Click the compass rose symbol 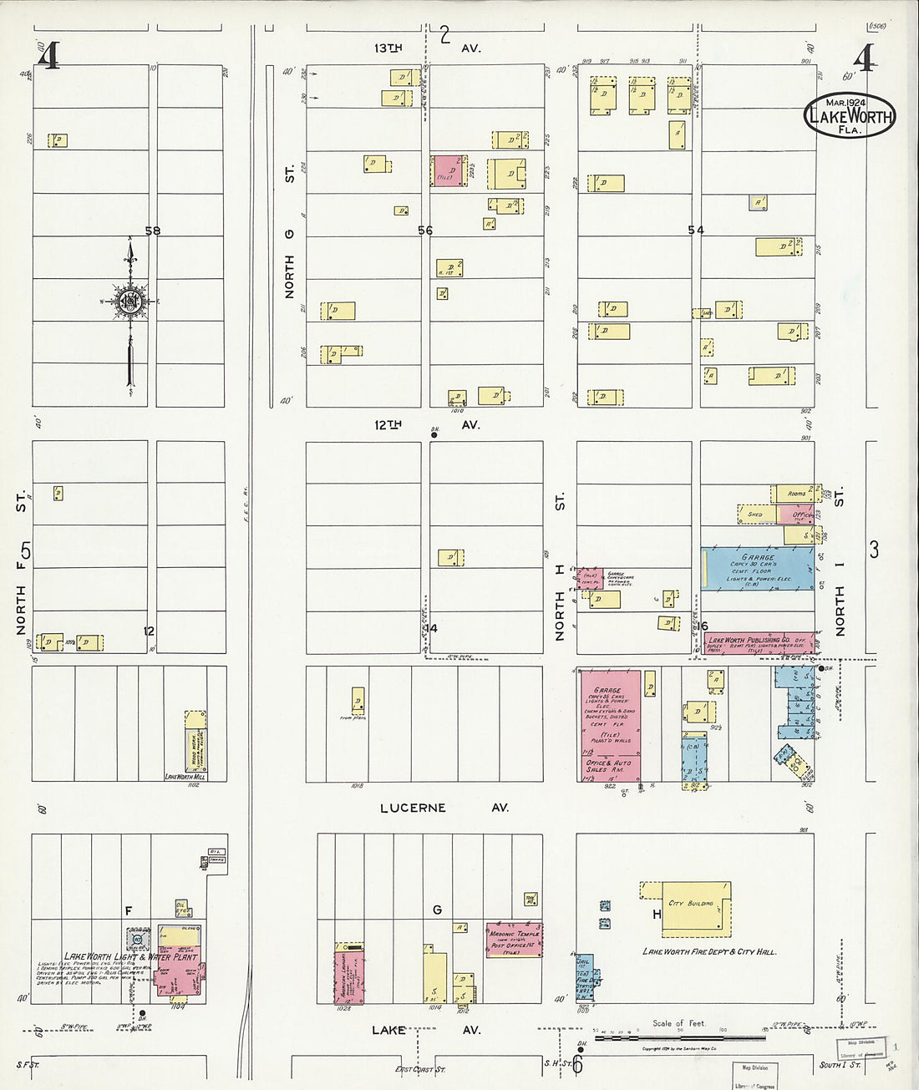tap(129, 302)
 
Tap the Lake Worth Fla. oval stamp tap(850, 116)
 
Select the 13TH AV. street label tap(426, 48)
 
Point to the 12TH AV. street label tap(426, 424)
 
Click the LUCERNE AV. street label tap(444, 808)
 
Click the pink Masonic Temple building tap(515, 939)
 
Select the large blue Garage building tap(758, 569)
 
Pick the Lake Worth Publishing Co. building tap(758, 642)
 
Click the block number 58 tap(152, 231)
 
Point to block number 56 tap(425, 231)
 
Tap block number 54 tap(696, 231)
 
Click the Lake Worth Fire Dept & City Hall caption tap(709, 951)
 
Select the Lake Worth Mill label tap(185, 777)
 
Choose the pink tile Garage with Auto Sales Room tap(611, 725)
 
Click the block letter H tap(657, 915)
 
